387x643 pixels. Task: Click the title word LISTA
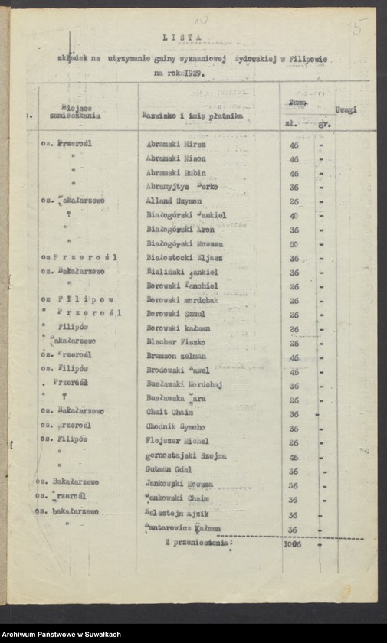182,36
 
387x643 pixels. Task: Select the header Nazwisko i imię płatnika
192,115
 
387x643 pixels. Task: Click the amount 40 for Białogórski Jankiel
294,215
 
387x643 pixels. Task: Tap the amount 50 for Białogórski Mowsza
294,243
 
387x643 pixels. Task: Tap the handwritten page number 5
357,27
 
